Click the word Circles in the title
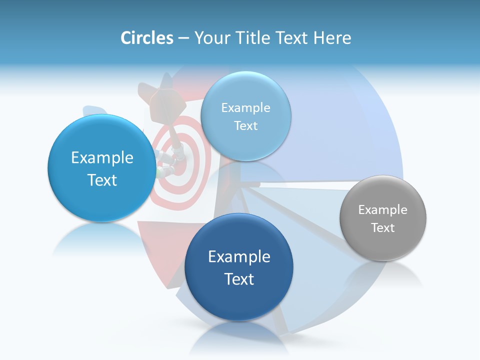(146, 38)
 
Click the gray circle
(383, 218)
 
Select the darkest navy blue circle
(239, 267)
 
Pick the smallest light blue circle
(246, 116)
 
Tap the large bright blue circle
(102, 168)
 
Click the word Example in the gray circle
(383, 209)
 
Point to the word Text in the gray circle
(383, 227)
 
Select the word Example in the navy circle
(239, 256)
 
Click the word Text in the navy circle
(239, 278)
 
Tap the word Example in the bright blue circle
(102, 158)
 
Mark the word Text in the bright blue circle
(102, 180)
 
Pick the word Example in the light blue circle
(246, 107)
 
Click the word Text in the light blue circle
(246, 125)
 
